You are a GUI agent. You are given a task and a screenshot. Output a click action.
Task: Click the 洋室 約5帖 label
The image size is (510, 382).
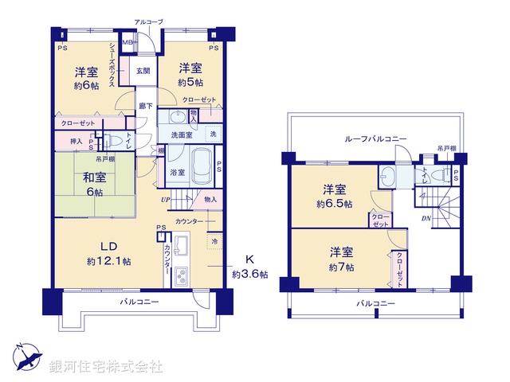point(190,74)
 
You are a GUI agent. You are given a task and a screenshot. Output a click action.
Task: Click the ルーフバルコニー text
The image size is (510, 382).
point(375,138)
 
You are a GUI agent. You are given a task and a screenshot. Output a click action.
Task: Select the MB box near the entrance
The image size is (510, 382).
point(127,42)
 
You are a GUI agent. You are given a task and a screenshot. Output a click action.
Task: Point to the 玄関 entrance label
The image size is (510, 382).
point(143,71)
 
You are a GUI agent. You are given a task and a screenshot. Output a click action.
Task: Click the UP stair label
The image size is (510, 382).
point(165,199)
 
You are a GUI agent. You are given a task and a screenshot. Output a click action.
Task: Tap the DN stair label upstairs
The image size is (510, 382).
point(426,220)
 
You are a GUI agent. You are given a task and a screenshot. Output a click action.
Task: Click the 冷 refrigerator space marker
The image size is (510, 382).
point(214,240)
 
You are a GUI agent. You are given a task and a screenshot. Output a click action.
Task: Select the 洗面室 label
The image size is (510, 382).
point(181,135)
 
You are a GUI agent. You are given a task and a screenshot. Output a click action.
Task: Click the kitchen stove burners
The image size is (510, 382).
point(179,278)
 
